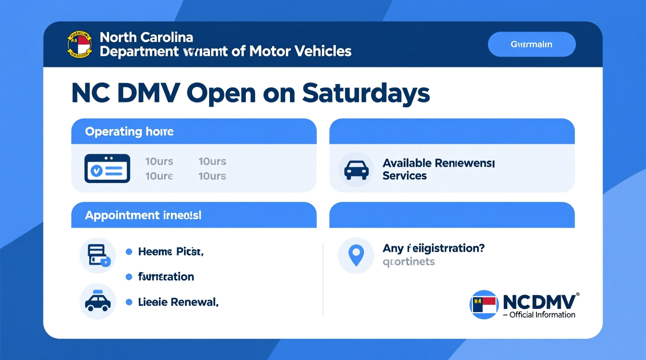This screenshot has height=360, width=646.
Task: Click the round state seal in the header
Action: coord(80,45)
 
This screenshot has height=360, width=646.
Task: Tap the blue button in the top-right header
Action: coord(531,44)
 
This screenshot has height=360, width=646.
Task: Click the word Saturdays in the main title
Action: coord(366,93)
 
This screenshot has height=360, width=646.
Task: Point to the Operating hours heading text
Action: coord(129,132)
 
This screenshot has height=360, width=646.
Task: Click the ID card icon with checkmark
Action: coord(107,169)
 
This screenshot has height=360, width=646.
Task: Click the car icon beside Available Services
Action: coord(356,170)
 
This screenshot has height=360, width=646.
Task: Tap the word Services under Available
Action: coord(405,176)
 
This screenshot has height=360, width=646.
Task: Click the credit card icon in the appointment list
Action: coord(98,255)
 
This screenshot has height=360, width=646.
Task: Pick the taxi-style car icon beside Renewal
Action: coord(98,301)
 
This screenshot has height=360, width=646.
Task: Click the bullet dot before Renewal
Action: coord(129,302)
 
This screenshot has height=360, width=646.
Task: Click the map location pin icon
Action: coord(356,255)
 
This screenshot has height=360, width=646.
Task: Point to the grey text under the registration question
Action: coord(408,262)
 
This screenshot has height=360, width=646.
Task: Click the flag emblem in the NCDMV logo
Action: coord(484,305)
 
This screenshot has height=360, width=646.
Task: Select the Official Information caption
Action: coord(542,315)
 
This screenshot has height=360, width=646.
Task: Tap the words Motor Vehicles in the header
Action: coord(300,51)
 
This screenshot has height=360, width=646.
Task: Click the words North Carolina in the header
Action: coord(146,37)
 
